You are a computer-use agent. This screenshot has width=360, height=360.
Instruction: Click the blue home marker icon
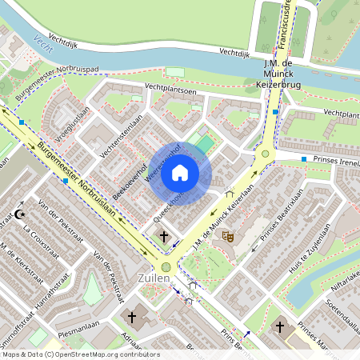180,173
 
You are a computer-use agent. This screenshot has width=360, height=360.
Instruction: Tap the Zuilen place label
153,278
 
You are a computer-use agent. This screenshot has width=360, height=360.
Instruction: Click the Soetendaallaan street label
342,315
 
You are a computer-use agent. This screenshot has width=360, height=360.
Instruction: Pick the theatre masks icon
227,236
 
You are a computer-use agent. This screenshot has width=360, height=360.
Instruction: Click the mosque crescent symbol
20,214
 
